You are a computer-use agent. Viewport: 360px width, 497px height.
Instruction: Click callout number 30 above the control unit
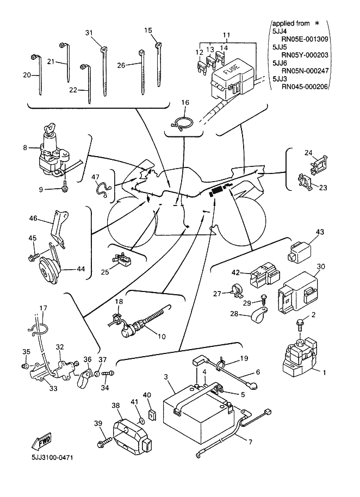pos(321,267)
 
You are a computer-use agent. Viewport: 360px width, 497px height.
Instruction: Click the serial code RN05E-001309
pos(305,40)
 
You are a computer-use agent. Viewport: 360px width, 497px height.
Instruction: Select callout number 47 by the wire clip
pos(96,177)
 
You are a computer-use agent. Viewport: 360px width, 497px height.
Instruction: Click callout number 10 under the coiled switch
pos(161,337)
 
